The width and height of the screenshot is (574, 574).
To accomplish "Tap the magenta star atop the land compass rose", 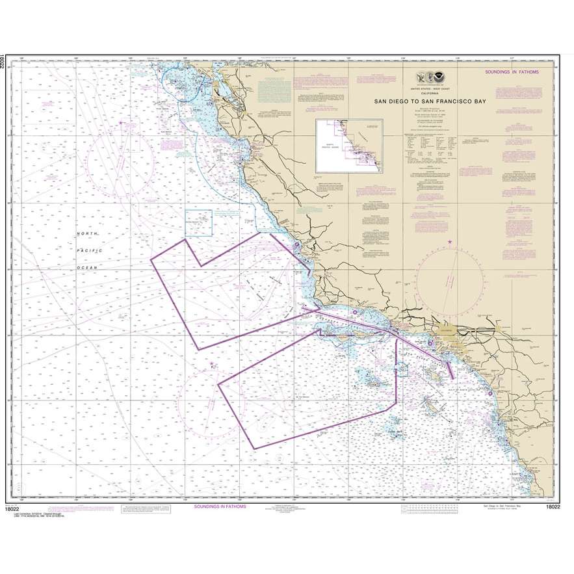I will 450,242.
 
